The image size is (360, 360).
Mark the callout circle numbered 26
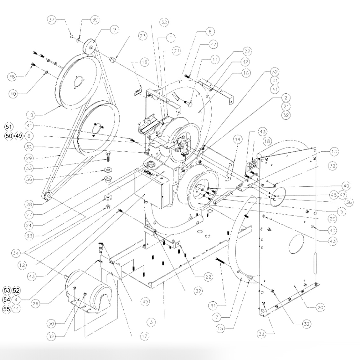(x=38, y=304)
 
